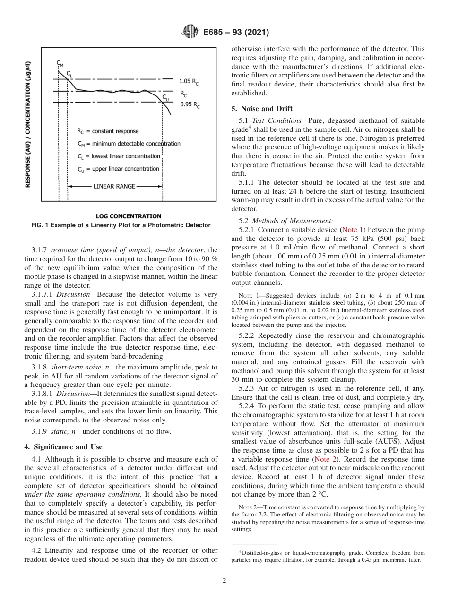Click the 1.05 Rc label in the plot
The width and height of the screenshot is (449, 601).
point(189,81)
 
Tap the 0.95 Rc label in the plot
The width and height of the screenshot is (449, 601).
point(190,105)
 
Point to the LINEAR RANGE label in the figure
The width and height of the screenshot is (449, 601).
point(114,186)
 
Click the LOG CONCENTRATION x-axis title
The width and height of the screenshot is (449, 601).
point(128,216)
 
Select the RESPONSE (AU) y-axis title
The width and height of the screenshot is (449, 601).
point(28,124)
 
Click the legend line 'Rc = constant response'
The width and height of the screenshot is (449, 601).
point(108,131)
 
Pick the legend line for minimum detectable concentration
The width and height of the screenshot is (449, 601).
point(129,143)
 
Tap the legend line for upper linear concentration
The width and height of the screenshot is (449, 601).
point(118,169)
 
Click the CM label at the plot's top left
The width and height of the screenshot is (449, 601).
point(60,63)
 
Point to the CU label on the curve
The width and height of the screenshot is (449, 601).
point(165,97)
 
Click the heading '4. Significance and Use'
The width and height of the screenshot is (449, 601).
point(63,446)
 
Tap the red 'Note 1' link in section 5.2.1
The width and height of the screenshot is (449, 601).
point(351,229)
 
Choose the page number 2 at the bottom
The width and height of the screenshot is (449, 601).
point(224,581)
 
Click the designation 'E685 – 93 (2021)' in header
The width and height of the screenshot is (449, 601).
point(236,33)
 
